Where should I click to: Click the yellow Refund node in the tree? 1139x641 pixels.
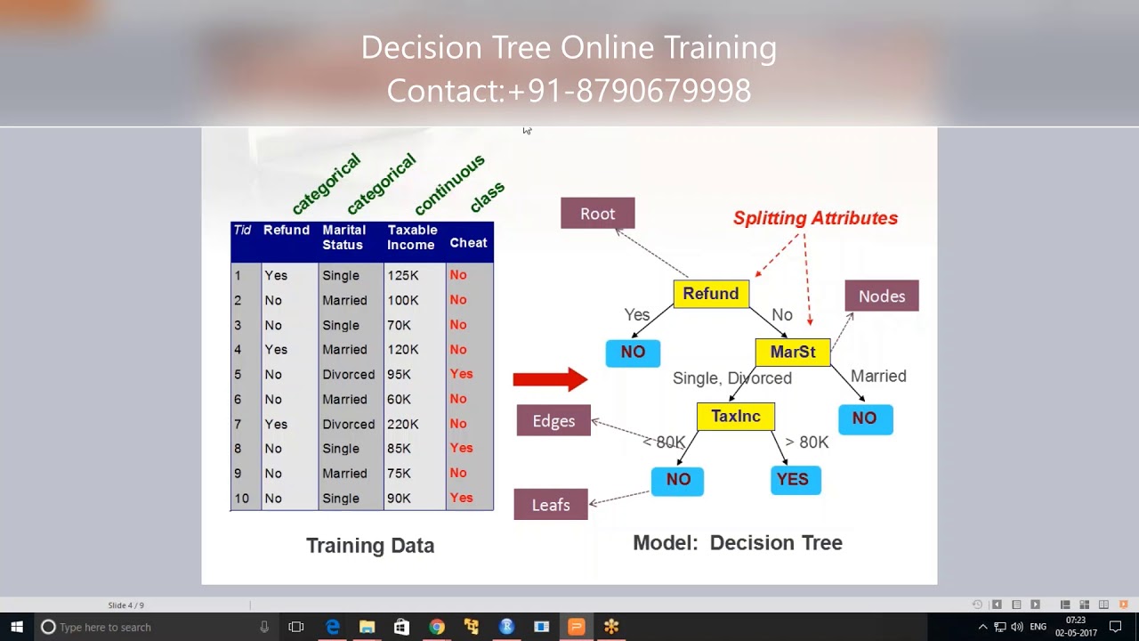coord(711,294)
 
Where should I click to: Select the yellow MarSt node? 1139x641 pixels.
coord(793,352)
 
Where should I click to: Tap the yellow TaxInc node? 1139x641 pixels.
coord(736,416)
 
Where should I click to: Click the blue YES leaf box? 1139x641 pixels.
coord(796,480)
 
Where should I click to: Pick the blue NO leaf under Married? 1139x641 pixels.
coord(865,418)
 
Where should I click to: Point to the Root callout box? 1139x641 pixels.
coord(597,214)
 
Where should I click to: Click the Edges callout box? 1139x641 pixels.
coord(553,421)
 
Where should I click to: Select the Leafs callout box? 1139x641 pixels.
coord(551,505)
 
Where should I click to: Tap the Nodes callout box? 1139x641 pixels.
coord(882,296)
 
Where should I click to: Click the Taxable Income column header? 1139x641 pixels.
coord(412,237)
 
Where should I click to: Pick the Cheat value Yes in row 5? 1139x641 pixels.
coord(461,374)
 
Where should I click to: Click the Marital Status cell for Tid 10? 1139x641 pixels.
coord(341,499)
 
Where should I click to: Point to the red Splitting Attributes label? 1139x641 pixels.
coord(815,218)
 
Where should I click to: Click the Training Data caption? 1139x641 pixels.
coord(370,546)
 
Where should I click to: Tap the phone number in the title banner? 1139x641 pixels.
coord(629,91)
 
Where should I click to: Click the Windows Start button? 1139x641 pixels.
coord(17,627)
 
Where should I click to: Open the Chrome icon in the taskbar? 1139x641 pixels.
coord(436,627)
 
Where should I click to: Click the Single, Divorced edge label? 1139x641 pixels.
coord(732,378)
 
